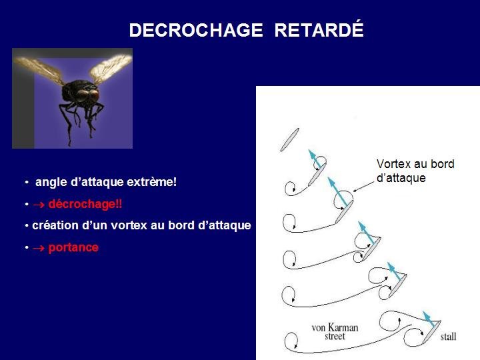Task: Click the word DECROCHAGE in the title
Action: [196, 30]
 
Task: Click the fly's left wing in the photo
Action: [39, 69]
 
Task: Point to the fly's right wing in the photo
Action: [111, 69]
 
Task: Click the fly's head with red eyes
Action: [87, 95]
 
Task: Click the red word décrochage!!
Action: [85, 204]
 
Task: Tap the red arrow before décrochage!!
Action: [39, 205]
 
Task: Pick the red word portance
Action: [73, 247]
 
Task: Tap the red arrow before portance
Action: [39, 248]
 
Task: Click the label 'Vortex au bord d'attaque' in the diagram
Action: [415, 171]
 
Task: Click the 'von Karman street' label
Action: [335, 331]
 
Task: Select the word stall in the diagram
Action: [448, 337]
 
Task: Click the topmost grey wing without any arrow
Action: [289, 139]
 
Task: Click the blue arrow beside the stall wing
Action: [429, 319]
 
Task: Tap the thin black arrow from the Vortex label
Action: [364, 187]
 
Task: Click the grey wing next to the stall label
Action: [431, 332]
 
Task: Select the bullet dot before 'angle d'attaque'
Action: [27, 183]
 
